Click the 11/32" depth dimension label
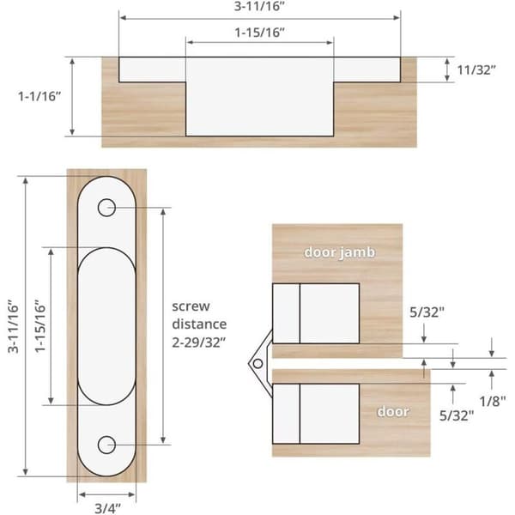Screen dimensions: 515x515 coord(476,70)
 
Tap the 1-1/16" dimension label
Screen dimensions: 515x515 coord(39,96)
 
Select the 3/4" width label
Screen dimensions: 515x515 coord(108,508)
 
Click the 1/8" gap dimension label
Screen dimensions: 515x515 coord(493,401)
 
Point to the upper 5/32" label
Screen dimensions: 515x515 coord(427,312)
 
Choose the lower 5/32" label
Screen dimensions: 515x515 coord(457,415)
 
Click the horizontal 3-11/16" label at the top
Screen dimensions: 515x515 coord(259,6)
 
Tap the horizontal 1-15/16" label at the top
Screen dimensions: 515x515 coord(259,33)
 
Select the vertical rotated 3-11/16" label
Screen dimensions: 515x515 coord(13,326)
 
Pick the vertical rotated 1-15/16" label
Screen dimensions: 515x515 coord(40,326)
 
